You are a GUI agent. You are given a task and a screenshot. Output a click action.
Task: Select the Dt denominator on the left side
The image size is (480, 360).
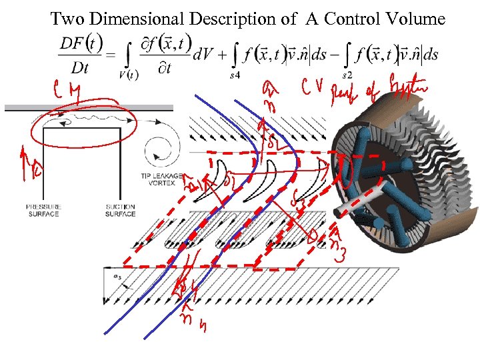[78, 67]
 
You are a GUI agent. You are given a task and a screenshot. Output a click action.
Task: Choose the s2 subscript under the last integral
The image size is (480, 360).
[346, 76]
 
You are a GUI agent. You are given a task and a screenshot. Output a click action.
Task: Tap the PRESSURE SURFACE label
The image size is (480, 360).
[43, 210]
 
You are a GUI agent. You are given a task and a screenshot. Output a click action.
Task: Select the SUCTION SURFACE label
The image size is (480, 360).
[120, 210]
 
